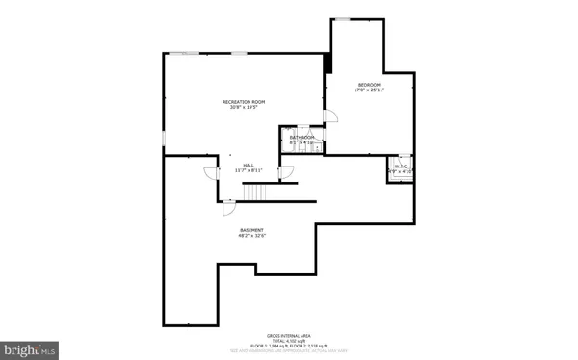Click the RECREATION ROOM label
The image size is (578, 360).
pyautogui.click(x=244, y=101)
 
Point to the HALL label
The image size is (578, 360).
pyautogui.click(x=248, y=165)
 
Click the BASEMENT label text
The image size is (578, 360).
pyautogui.click(x=252, y=229)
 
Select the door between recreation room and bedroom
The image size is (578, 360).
pyautogui.click(x=330, y=116)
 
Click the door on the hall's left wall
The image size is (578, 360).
pyautogui.click(x=211, y=173)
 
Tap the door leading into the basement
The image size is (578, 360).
pyautogui.click(x=228, y=206)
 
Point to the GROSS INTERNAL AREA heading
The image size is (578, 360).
pyautogui.click(x=289, y=334)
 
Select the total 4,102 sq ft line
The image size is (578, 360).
pyautogui.click(x=289, y=339)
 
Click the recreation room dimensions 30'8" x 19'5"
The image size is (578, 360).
pyautogui.click(x=244, y=107)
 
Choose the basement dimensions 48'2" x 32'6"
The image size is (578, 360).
pyautogui.click(x=252, y=235)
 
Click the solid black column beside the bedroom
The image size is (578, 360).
pyautogui.click(x=328, y=63)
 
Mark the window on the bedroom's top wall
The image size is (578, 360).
pyautogui.click(x=342, y=18)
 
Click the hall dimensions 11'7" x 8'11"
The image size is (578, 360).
pyautogui.click(x=248, y=170)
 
